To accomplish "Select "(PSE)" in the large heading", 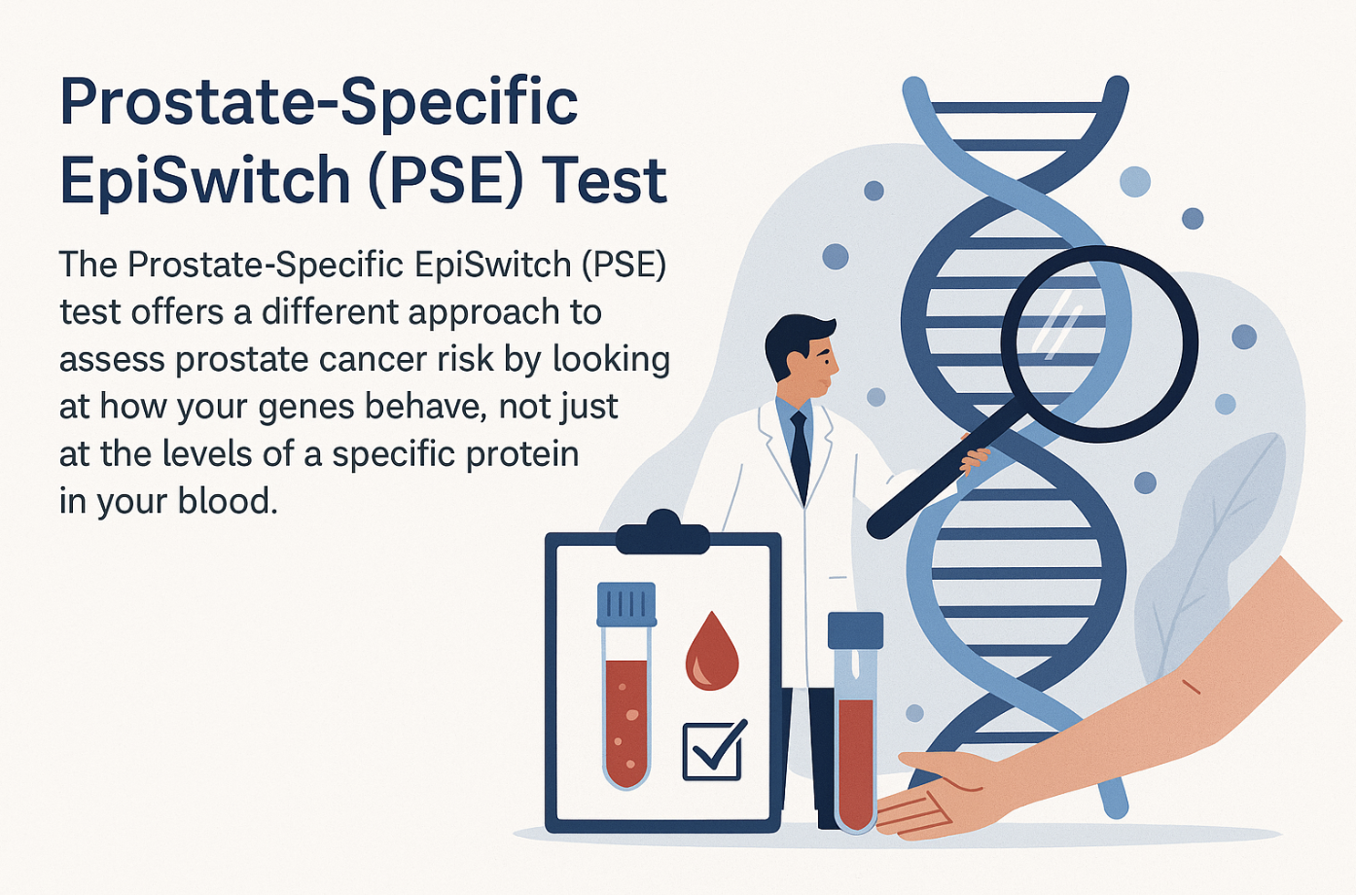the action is click(446, 180).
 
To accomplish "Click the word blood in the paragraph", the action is click(227, 501).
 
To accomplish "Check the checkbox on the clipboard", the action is click(712, 751).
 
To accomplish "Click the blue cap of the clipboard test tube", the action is click(626, 604).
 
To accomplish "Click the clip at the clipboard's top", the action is click(662, 533).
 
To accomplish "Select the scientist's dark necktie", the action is click(800, 455).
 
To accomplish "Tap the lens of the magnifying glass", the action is click(1099, 343).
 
